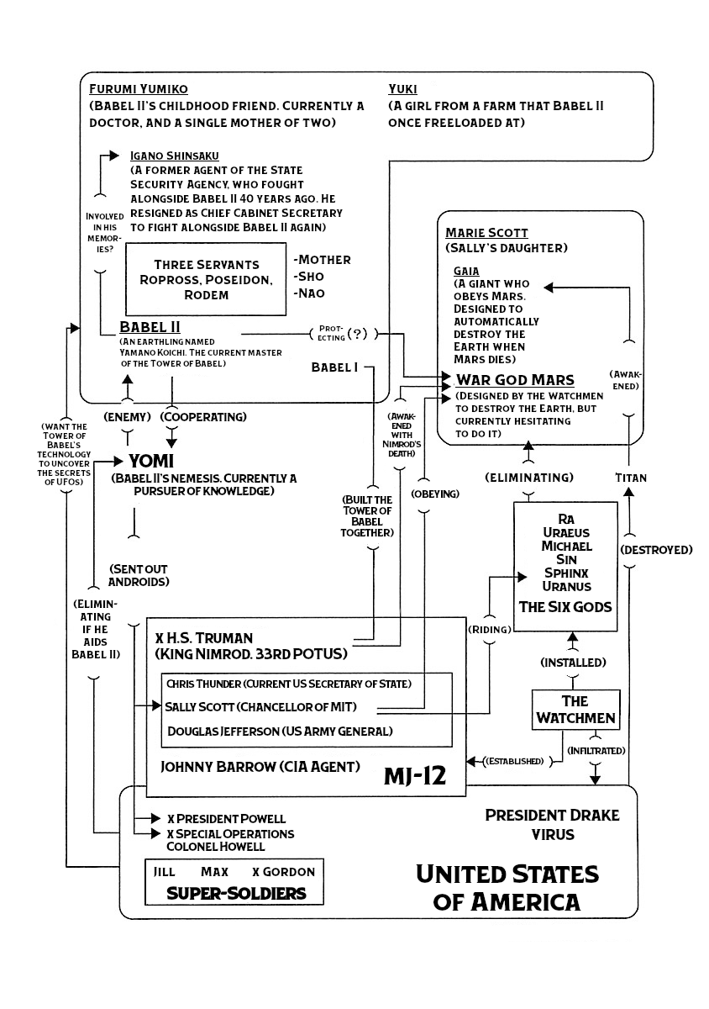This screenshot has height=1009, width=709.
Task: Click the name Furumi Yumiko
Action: (138, 89)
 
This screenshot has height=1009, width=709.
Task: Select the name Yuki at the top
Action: (403, 89)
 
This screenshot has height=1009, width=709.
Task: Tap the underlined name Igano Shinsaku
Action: (176, 156)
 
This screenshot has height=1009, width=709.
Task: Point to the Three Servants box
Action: (201, 279)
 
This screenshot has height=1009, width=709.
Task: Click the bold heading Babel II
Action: (150, 327)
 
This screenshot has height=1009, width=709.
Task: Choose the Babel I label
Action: (334, 367)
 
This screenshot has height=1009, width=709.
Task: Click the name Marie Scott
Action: (487, 232)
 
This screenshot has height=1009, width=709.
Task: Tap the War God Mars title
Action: (515, 379)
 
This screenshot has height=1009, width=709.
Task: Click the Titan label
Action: (631, 478)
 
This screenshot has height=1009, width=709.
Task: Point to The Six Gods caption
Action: (565, 606)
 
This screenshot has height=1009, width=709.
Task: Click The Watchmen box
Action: (575, 710)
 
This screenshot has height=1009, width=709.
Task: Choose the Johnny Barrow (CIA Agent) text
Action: (260, 766)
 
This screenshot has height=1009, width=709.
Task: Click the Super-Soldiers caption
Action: (235, 893)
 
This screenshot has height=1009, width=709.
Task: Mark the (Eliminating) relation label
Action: (529, 478)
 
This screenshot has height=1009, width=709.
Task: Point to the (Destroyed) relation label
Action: (656, 550)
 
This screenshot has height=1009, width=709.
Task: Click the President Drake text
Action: (552, 816)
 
